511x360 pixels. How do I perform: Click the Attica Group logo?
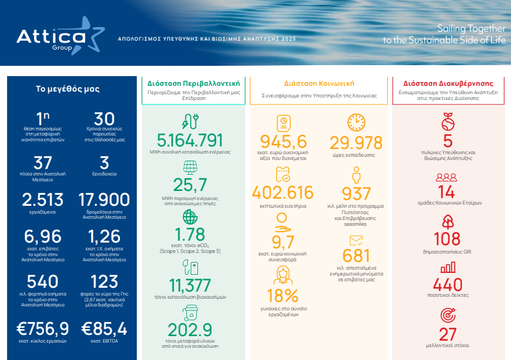(61, 36)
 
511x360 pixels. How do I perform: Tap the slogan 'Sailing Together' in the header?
(471, 28)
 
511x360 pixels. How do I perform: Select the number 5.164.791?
(190, 141)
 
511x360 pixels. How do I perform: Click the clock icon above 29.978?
(356, 123)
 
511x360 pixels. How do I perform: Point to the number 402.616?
(283, 192)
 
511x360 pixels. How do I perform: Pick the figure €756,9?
(43, 328)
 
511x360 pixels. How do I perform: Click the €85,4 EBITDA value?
(104, 328)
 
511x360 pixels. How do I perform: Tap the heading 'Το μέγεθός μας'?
(68, 88)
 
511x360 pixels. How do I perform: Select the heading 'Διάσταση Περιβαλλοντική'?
(194, 83)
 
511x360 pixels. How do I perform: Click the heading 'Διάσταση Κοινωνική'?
(319, 83)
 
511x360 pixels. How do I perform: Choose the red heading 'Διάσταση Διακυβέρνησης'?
(448, 83)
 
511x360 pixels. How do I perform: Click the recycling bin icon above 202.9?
(190, 313)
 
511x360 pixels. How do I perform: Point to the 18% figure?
(283, 296)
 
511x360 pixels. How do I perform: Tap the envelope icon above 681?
(356, 241)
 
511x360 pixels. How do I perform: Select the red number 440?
(448, 285)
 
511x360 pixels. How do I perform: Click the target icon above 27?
(448, 315)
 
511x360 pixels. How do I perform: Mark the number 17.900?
(104, 200)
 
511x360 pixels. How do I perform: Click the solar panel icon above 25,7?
(190, 168)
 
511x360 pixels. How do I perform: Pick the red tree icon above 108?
(448, 222)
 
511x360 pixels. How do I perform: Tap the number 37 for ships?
(43, 163)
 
